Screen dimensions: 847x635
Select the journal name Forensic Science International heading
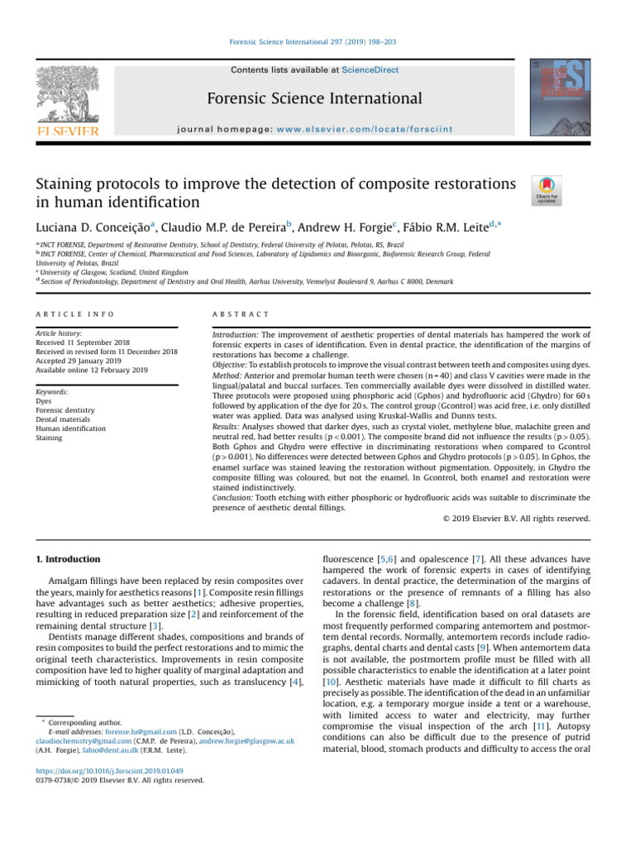pos(317,99)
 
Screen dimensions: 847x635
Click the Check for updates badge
pos(547,190)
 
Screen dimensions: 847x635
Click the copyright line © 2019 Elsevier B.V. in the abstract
pos(512,519)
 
